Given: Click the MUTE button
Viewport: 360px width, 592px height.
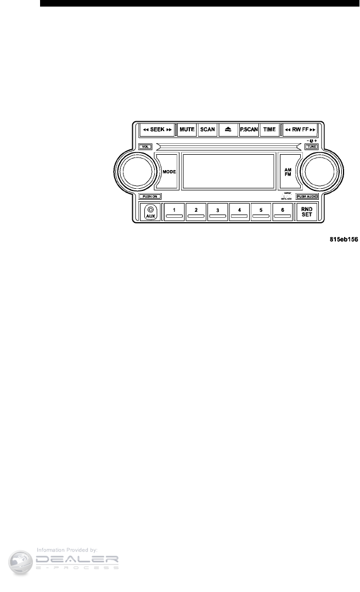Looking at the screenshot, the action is click(187, 129).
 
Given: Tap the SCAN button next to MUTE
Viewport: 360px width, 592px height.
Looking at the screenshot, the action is click(207, 129).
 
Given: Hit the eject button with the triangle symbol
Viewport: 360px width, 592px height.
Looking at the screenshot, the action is click(228, 129).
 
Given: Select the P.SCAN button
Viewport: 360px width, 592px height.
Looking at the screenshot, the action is click(249, 129).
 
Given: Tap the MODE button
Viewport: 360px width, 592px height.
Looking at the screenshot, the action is click(168, 172).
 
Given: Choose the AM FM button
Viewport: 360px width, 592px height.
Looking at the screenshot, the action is click(288, 172).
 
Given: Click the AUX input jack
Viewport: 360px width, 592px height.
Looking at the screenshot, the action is click(150, 211).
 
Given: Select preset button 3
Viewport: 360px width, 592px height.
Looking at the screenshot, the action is click(218, 211).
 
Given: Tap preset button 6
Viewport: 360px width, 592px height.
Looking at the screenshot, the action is click(283, 211).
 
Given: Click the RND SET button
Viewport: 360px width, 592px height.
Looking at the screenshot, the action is click(306, 211).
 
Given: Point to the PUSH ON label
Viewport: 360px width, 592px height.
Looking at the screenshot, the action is click(150, 196).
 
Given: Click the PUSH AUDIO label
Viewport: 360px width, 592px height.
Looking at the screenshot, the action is click(307, 196).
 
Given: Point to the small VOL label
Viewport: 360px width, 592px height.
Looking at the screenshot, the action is click(145, 146).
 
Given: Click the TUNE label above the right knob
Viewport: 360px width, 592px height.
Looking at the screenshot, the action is click(311, 146).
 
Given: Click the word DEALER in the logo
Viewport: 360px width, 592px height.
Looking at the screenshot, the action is click(77, 560).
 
